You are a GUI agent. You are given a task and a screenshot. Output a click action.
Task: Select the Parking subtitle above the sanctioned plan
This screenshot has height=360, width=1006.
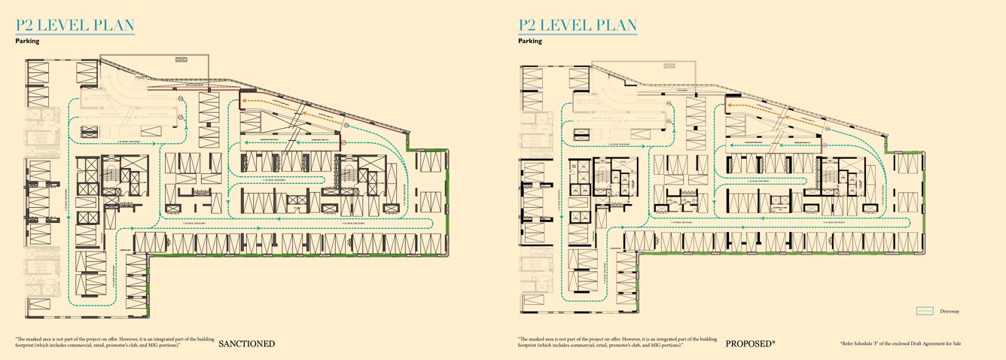(x=27, y=41)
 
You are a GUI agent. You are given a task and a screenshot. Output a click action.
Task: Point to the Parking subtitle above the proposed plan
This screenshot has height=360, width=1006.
(x=530, y=41)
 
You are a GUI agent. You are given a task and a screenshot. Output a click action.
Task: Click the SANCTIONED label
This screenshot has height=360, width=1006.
(x=246, y=344)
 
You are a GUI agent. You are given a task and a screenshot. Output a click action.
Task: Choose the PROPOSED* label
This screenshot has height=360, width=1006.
(x=750, y=344)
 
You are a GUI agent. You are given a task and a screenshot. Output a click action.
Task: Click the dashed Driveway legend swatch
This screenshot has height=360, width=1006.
(x=925, y=311)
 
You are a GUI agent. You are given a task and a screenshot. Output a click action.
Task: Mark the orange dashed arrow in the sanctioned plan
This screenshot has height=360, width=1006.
(x=286, y=105)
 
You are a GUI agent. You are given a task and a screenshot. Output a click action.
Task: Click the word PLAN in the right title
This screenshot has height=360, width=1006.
(x=612, y=25)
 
